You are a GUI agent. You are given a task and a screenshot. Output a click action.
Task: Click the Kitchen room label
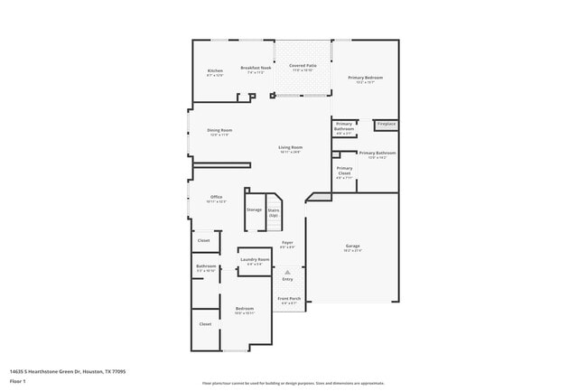point(215,72)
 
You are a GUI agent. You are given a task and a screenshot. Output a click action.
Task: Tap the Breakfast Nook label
point(256,70)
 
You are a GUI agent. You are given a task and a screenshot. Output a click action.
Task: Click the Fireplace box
point(386,124)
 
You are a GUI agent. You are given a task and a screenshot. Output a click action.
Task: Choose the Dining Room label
point(219,132)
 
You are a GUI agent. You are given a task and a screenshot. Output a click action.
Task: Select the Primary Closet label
point(344,172)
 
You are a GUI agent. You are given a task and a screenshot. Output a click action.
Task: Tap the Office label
point(216,198)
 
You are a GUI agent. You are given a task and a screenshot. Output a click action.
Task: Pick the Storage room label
point(255,209)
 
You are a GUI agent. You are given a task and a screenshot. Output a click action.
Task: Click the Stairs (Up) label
point(273,212)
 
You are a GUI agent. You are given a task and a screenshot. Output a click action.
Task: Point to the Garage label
point(352,247)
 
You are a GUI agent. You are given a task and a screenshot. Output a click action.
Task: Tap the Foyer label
point(287,244)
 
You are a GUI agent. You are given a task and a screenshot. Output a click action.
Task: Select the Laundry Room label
point(255,261)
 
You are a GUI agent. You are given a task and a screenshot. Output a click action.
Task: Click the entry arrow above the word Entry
point(287,271)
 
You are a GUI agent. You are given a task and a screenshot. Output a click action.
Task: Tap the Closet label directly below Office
point(204,240)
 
